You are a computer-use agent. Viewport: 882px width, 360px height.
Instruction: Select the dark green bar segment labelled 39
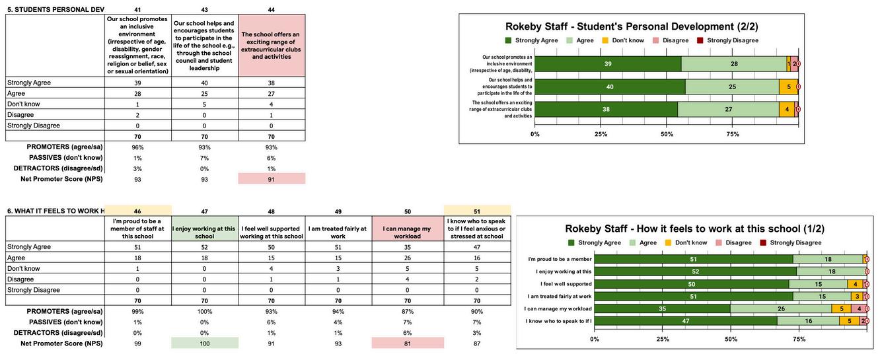(x=606, y=63)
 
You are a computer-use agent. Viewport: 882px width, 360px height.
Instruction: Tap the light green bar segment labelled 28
(x=733, y=63)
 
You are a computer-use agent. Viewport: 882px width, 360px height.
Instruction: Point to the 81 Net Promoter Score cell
(x=408, y=343)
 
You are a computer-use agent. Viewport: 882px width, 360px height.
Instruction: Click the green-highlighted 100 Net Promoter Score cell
(x=204, y=343)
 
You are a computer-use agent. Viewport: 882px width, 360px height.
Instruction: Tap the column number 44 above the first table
(x=272, y=10)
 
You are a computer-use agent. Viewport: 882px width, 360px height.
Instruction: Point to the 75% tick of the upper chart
(x=733, y=134)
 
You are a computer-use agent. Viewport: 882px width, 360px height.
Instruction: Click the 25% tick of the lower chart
(x=663, y=339)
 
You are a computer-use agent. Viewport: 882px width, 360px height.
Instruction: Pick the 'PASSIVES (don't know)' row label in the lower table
(x=65, y=322)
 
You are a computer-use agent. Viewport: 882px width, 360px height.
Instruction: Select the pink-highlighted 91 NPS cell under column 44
(x=272, y=179)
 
